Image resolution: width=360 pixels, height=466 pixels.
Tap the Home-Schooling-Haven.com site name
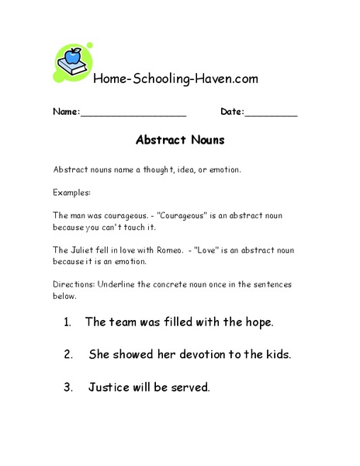(x=175, y=78)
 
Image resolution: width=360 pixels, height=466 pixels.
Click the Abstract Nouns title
(x=180, y=141)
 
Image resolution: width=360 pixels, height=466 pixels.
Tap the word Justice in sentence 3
(x=109, y=387)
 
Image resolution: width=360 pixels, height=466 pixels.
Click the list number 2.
(x=69, y=354)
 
